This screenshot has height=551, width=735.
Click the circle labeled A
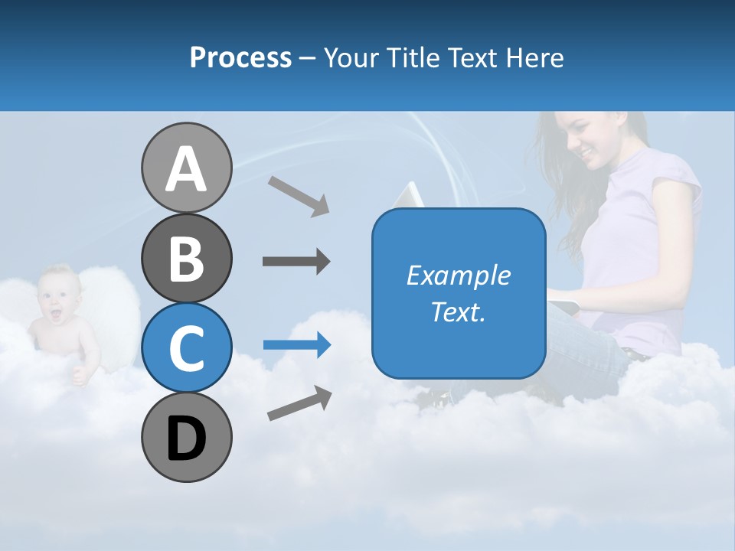pos(186,168)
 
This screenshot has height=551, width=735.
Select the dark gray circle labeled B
pos(186,258)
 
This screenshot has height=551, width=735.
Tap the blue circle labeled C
pos(186,347)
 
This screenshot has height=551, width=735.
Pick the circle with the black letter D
pos(186,438)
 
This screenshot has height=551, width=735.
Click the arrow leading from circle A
pos(299,196)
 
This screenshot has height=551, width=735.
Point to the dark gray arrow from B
pos(296,261)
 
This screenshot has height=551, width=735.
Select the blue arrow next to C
pos(297,345)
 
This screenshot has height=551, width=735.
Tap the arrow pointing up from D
pos(299,403)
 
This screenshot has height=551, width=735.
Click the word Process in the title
pos(240,57)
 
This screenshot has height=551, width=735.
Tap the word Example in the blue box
pos(459,275)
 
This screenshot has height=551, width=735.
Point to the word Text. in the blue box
pos(459,311)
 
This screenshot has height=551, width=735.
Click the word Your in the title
pos(351,57)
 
